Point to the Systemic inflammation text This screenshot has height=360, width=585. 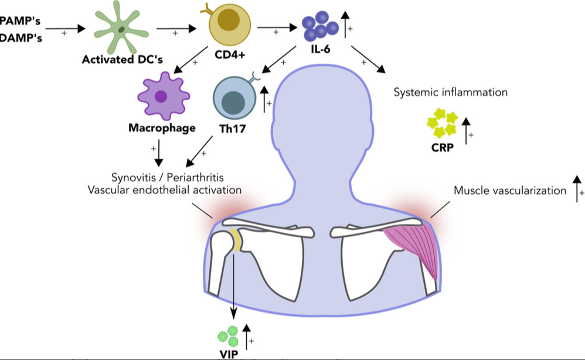450,92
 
